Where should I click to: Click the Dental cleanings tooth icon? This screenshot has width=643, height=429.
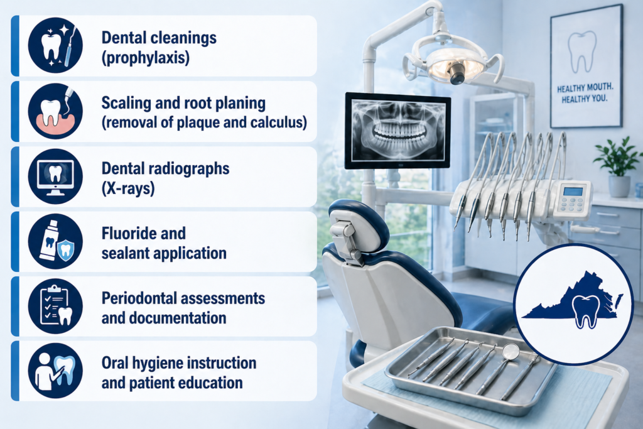point(55,45)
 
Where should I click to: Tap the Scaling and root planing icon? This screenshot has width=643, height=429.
point(55,111)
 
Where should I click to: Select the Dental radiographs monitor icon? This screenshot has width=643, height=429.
point(55,176)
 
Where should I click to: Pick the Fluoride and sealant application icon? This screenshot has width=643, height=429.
point(55,241)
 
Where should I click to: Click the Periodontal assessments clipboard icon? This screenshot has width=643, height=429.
point(55,306)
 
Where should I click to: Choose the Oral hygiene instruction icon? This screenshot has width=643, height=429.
point(55,371)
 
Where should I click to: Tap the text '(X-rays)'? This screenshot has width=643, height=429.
point(127,187)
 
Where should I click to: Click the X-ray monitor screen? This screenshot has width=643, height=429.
point(397,130)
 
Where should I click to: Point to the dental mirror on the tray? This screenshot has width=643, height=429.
point(511,352)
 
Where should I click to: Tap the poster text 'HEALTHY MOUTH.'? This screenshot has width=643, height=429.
point(586,89)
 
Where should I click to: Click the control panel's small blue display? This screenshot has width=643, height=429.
point(573,191)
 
